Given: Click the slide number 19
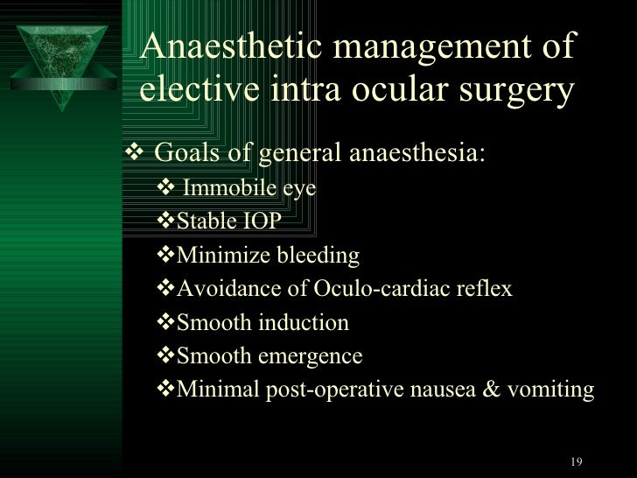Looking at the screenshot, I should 575,461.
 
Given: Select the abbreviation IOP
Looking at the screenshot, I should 262,221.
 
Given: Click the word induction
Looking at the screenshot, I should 305,323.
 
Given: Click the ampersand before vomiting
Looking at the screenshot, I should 491,390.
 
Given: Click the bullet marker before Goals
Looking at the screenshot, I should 139,155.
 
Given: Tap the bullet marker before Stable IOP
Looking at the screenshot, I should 167,221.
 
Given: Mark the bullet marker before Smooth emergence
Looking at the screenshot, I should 167,357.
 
